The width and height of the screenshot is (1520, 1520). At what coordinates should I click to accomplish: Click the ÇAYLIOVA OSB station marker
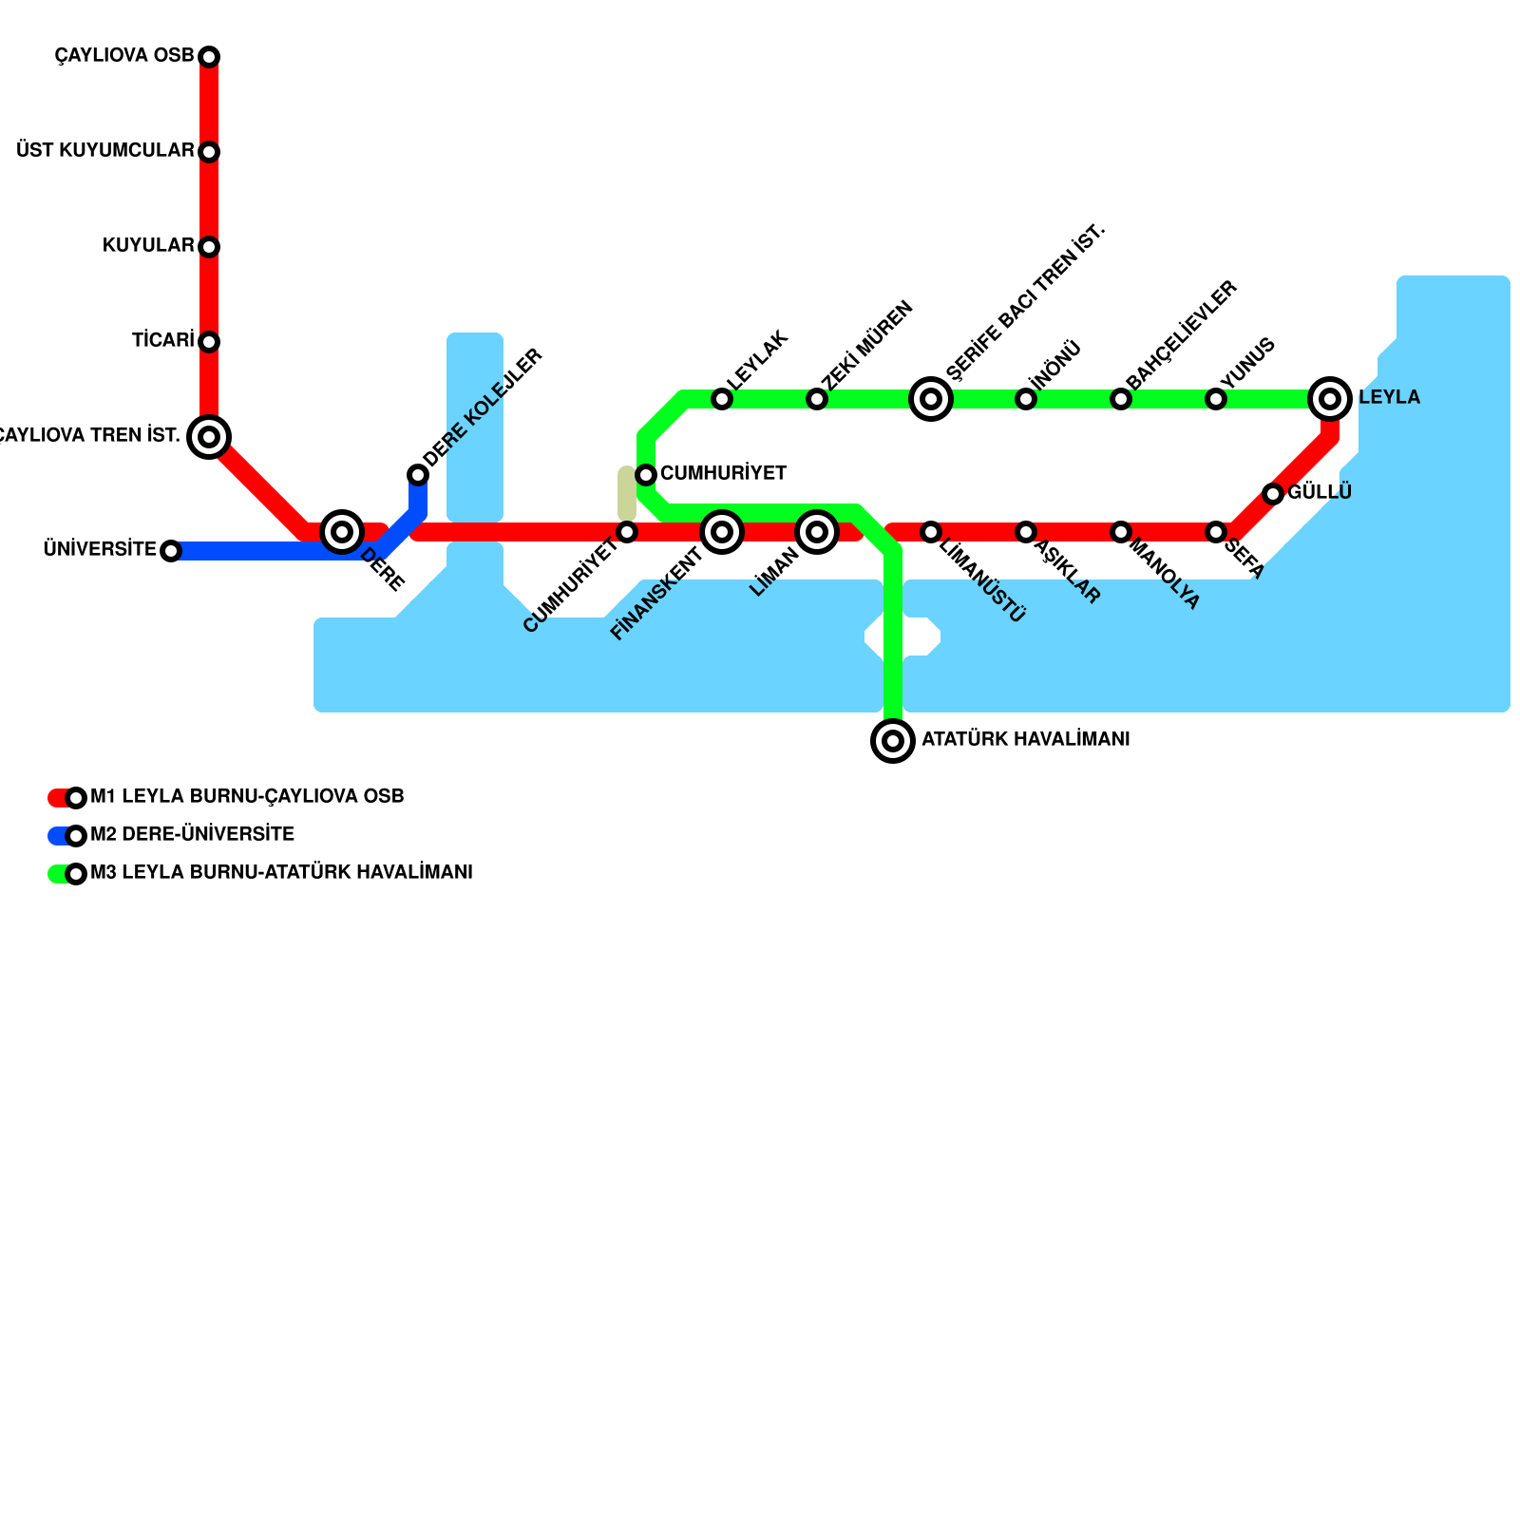point(209,57)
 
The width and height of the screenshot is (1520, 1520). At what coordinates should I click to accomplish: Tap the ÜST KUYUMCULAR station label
point(105,151)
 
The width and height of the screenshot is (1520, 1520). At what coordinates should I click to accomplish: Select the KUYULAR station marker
point(209,247)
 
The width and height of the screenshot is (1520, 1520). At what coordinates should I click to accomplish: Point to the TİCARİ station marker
point(209,342)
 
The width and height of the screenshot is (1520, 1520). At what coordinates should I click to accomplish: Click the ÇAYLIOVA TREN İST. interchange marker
point(209,437)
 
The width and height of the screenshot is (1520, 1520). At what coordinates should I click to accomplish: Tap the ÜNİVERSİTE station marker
point(171,551)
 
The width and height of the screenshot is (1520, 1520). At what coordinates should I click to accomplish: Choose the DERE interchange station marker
point(342,532)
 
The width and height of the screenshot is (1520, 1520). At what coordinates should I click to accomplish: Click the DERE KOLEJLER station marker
point(418,475)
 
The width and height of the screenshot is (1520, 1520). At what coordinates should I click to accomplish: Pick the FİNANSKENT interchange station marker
point(722,532)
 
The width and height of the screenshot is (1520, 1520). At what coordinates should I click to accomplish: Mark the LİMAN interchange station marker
point(817,532)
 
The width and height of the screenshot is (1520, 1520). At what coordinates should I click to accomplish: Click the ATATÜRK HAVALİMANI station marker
point(893,741)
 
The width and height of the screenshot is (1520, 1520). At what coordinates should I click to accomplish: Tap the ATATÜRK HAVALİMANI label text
point(1025,740)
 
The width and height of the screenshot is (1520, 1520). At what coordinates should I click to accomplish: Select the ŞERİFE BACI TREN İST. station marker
point(931,399)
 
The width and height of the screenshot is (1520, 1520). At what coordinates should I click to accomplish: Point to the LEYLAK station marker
point(722,399)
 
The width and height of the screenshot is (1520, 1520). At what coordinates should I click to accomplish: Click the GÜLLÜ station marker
point(1273,494)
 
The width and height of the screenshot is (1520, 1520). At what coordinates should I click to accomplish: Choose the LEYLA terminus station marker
point(1330,399)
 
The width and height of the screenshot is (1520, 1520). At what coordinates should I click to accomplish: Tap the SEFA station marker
point(1216,532)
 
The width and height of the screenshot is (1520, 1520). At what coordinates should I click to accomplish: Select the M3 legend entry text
point(281,873)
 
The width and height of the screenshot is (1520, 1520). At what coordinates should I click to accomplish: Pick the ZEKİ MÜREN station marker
point(817,399)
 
